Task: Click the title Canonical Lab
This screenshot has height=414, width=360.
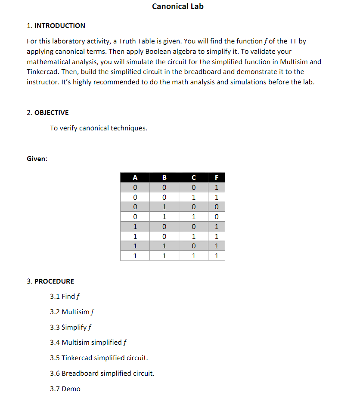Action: click(x=178, y=6)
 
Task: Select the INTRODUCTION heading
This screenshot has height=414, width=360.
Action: click(x=59, y=26)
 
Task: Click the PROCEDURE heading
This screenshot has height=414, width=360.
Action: click(x=54, y=281)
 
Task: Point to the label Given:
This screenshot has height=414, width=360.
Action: click(x=37, y=159)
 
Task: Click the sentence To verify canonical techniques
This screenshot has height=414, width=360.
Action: click(x=99, y=128)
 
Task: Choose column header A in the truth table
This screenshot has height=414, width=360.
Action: click(x=135, y=177)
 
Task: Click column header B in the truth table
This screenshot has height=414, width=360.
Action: click(x=164, y=177)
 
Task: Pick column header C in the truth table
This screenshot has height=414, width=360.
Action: click(x=194, y=177)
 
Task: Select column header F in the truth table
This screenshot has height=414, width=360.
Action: click(x=217, y=177)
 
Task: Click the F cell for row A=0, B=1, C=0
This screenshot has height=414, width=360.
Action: click(x=217, y=207)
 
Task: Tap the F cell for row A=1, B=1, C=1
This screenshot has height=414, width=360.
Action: click(x=217, y=256)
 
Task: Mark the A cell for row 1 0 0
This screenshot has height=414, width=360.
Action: click(x=135, y=226)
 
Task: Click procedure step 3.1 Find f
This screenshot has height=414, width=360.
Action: click(x=65, y=297)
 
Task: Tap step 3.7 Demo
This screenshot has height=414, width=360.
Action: click(x=65, y=389)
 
